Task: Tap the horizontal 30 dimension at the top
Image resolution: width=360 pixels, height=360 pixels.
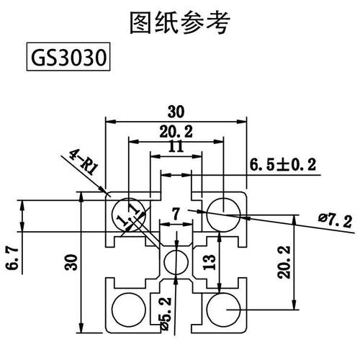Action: pyautogui.click(x=176, y=111)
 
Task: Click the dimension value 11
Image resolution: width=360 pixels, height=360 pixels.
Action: pyautogui.click(x=176, y=146)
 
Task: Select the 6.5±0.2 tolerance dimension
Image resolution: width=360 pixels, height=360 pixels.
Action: pyautogui.click(x=283, y=165)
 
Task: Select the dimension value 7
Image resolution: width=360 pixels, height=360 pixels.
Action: pyautogui.click(x=176, y=213)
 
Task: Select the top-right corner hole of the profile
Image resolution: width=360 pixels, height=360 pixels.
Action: pyautogui.click(x=221, y=212)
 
